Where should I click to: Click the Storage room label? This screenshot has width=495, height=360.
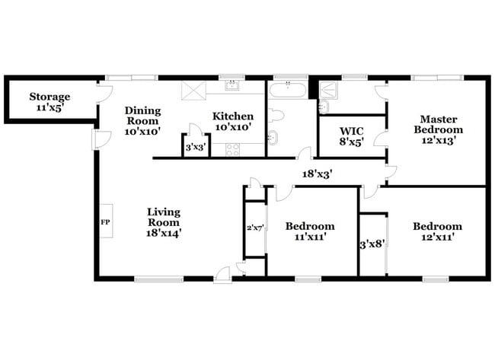49,97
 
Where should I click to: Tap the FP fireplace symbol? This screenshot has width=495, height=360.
105,222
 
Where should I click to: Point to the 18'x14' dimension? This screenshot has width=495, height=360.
164,233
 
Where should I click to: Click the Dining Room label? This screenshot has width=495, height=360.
142,115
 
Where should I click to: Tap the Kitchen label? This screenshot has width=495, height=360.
233,116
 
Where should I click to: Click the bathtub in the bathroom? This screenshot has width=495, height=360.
288,91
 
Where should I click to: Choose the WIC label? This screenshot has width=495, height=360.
351,129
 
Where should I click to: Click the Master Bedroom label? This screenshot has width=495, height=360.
441,124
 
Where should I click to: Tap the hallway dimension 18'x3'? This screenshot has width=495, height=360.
316,174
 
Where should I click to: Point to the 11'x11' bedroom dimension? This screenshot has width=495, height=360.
309,237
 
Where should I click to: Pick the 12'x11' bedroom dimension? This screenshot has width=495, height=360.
437,237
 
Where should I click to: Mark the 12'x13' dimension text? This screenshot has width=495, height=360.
441,140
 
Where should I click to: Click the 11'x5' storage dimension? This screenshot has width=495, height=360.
49,108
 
